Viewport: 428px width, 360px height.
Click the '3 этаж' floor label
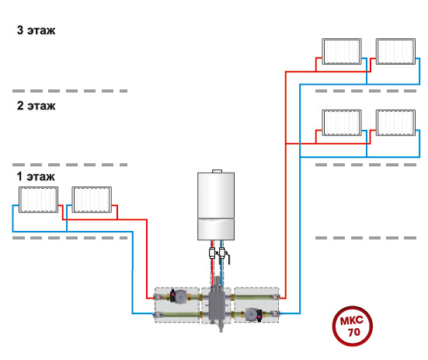tap(36, 30)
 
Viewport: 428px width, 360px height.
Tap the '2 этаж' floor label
tap(36, 106)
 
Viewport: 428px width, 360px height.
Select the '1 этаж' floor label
tap(36, 177)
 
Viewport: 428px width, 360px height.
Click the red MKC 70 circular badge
tap(353, 326)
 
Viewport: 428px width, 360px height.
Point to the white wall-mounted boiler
tap(216, 204)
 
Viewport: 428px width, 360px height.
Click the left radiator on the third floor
tap(342, 51)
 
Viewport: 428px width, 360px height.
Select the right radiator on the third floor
tap(395, 51)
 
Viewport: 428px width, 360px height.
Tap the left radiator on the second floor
tap(342, 123)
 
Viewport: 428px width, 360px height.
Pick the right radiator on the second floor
tap(395, 123)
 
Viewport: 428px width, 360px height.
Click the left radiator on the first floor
tap(39, 200)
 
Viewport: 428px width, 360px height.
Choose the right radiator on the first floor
tap(92, 200)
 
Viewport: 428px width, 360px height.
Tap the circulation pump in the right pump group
tap(253, 315)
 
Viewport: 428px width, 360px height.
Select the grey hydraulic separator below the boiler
tap(217, 303)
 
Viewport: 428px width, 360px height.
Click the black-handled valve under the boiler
tap(224, 256)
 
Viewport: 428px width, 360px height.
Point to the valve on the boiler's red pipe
tap(212, 253)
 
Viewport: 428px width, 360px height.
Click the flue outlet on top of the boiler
tap(217, 171)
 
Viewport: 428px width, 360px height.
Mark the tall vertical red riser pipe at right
tap(286, 185)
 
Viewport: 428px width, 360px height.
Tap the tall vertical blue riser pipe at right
tap(300, 199)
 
